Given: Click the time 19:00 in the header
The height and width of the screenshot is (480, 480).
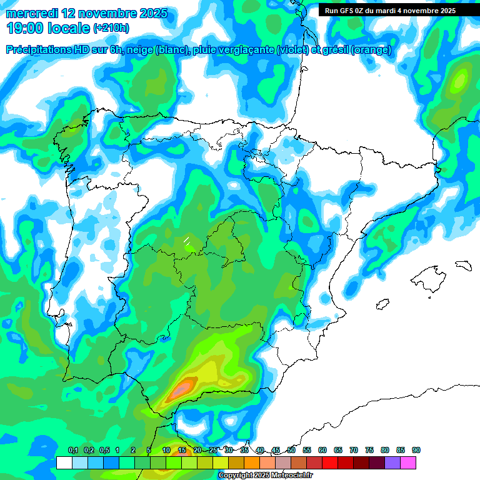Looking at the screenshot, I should (x=29, y=28).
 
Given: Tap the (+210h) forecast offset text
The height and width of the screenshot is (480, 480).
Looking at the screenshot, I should (x=111, y=28).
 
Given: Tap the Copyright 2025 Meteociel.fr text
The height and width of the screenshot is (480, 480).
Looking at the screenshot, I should (x=265, y=476).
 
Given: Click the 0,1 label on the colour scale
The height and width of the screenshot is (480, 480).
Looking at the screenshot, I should (x=73, y=451).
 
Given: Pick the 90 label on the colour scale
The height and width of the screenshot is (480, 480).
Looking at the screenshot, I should (x=416, y=451).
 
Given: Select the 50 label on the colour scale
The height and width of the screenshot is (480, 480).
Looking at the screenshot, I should (x=291, y=451).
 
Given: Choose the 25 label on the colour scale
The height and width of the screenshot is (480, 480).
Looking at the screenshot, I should (x=213, y=451).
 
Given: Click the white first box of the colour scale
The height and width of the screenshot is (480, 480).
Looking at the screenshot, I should (x=64, y=462).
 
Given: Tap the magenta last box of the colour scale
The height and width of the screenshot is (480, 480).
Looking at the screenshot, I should (x=408, y=462).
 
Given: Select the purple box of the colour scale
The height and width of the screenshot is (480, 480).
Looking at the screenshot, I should (x=392, y=462).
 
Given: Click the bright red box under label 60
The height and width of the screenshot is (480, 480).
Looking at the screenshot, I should (x=330, y=462).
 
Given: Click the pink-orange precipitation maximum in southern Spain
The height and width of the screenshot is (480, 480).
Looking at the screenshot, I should (x=181, y=389).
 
